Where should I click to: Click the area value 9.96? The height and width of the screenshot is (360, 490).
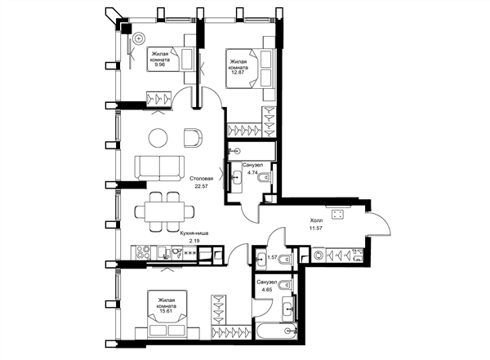coord(160,65)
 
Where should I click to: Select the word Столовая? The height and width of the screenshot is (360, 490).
coord(202,179)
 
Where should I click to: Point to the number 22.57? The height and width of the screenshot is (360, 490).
coord(201,186)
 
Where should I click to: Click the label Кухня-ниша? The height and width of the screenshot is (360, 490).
coord(194,233)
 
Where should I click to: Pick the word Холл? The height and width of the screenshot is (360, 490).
coord(316,220)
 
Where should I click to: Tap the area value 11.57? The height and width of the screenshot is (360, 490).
coord(316,228)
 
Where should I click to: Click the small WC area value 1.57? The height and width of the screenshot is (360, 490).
coord(273,257)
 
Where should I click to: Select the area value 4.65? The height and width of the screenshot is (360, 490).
coord(268,289)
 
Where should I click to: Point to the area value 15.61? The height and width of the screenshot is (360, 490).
coord(166,311)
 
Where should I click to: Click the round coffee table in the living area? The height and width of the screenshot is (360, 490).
coord(158,138)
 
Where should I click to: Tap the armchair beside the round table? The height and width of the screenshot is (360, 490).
coord(193,137)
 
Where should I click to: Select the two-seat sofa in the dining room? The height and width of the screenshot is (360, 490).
coord(159,168)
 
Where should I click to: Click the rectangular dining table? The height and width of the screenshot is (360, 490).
coord(164,211)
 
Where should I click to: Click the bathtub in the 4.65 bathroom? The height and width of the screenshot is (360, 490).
coord(277,331)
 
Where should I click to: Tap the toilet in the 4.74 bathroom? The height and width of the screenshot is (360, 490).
coord(265,177)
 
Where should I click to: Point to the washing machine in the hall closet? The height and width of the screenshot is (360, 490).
coord(318,256)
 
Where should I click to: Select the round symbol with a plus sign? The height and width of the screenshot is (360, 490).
coord(139,38)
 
